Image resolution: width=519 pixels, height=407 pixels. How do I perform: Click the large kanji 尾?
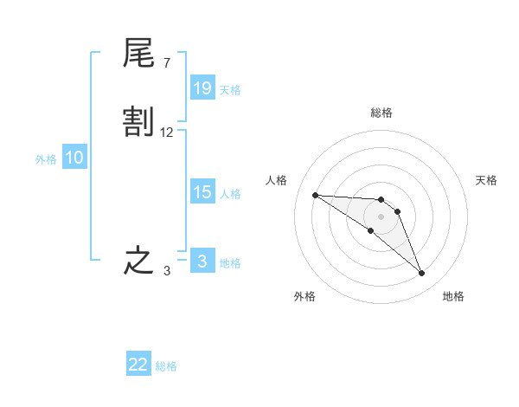[138, 54]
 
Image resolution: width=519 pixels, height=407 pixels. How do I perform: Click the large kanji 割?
[138, 122]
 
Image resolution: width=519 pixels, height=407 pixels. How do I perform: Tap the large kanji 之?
[138, 261]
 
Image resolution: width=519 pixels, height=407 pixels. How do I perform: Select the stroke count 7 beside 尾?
[166, 62]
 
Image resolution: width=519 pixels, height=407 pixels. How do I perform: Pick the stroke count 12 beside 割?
[167, 132]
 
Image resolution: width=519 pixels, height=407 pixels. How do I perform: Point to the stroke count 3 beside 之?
[167, 271]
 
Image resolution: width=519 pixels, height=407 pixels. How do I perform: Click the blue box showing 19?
[202, 88]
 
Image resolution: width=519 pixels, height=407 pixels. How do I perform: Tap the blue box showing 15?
[202, 192]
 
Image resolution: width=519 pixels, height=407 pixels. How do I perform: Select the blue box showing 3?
[202, 262]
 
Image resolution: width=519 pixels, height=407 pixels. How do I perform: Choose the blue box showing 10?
[74, 158]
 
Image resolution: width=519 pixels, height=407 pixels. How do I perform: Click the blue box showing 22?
[138, 365]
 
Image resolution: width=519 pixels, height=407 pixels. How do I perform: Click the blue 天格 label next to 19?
[230, 90]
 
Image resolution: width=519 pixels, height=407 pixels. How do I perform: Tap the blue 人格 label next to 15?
[230, 194]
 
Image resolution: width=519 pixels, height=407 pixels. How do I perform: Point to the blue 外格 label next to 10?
[46, 159]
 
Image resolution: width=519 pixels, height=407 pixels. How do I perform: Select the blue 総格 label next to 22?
[166, 366]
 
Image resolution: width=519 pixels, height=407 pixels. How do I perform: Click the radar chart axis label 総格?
[381, 113]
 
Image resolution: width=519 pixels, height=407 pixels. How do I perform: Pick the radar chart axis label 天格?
[486, 180]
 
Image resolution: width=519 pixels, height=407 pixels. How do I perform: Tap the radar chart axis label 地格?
[453, 296]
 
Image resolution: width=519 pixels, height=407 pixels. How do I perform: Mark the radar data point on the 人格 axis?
[315, 195]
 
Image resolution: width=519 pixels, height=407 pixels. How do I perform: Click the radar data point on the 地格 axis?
[421, 274]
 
